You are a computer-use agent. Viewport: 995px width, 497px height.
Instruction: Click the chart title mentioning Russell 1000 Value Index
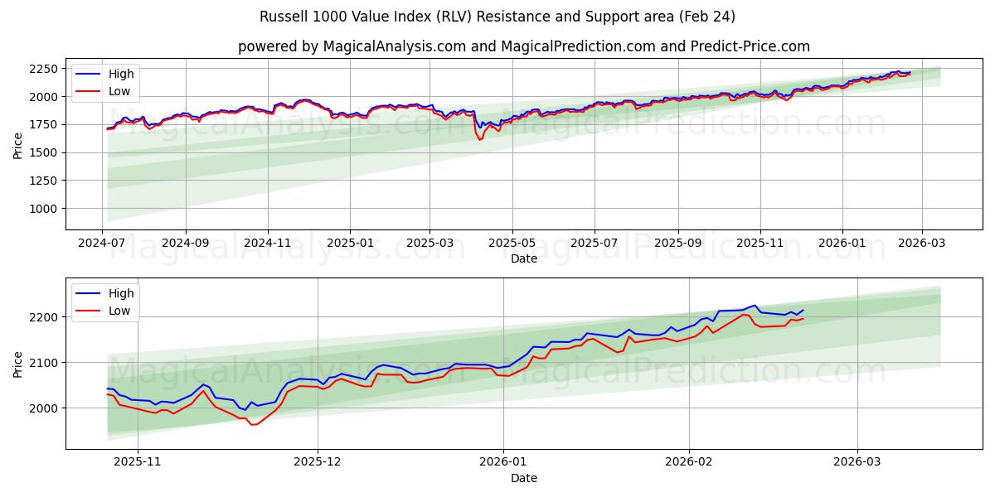[498, 17]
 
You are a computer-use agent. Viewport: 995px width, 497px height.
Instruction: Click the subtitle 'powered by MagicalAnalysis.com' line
[523, 46]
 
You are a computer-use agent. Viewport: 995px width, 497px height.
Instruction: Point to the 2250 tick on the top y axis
[43, 69]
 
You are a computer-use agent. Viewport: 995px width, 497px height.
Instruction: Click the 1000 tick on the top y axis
[43, 209]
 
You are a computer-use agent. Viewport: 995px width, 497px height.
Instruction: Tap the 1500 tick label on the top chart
[43, 152]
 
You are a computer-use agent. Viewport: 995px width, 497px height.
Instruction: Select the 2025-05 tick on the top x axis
[512, 244]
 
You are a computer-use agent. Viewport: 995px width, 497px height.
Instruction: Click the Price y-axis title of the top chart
[18, 145]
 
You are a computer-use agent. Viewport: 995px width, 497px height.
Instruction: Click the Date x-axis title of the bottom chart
[523, 478]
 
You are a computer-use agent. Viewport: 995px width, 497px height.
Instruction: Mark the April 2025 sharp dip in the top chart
[479, 139]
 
